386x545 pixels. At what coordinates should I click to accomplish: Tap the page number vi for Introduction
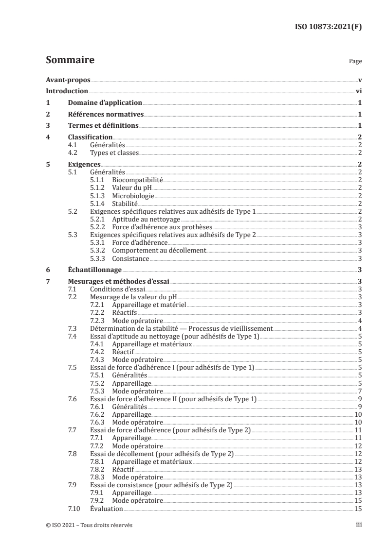pyautogui.click(x=358, y=91)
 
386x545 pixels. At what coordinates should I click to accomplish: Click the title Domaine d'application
pyautogui.click(x=105, y=102)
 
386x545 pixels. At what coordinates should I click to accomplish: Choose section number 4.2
pyautogui.click(x=73, y=153)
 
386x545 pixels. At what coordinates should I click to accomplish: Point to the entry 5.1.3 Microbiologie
pyautogui.click(x=122, y=196)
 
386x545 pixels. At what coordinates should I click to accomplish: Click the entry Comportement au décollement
pyautogui.click(x=159, y=250)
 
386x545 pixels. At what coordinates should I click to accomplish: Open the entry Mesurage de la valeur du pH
pyautogui.click(x=129, y=297)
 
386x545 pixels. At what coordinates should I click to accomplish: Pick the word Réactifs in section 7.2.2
pyautogui.click(x=124, y=312)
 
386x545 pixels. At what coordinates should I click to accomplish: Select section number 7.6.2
pyautogui.click(x=99, y=414)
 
